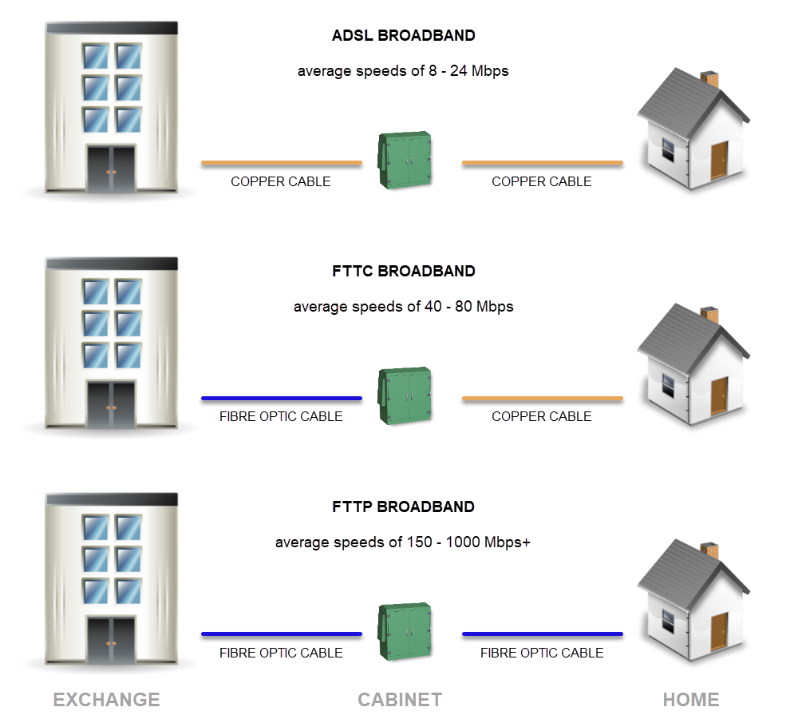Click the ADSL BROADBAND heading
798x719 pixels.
tap(403, 36)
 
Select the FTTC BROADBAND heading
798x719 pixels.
tap(403, 271)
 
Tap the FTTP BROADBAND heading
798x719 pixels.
tap(403, 506)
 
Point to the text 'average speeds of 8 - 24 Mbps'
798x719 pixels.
tap(403, 71)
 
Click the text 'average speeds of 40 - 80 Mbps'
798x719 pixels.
tap(403, 307)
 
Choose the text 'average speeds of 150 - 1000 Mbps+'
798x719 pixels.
tap(403, 542)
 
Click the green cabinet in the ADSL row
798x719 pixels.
tap(405, 161)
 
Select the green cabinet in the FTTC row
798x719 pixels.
tap(405, 396)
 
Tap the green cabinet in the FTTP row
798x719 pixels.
tap(405, 632)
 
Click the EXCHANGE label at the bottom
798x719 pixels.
tap(106, 700)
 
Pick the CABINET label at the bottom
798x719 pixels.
tap(400, 700)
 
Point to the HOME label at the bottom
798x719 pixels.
tap(691, 700)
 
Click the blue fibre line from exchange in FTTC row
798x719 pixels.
tap(281, 398)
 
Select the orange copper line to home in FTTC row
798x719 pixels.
tap(542, 398)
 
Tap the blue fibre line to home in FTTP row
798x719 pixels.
tap(542, 634)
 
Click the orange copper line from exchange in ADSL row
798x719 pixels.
tap(281, 163)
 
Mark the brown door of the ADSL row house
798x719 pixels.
tap(719, 160)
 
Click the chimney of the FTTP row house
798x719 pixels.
tap(709, 551)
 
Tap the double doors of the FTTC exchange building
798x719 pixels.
tap(111, 406)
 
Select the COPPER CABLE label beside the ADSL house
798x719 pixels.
tap(542, 181)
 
